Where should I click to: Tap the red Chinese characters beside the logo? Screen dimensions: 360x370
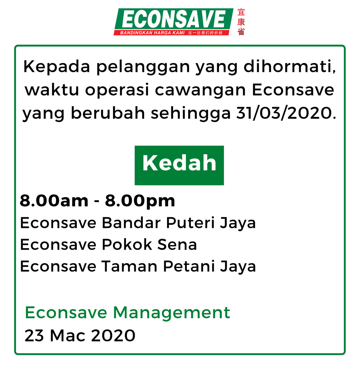point(241,22)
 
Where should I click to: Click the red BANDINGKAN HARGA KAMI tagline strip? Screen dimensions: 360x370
point(171,33)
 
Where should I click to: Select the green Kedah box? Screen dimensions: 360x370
point(179,165)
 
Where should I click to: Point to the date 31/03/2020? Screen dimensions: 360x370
point(286,113)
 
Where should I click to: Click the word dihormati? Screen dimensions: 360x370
point(289,67)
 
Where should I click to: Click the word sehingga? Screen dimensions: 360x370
point(191,114)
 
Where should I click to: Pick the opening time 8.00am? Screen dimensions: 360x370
point(54,201)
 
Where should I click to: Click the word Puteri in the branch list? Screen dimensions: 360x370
point(190,223)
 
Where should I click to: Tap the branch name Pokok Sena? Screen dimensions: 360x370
point(149,245)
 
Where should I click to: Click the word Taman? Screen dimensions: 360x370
point(130,266)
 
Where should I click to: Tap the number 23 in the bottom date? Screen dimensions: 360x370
point(34,335)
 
